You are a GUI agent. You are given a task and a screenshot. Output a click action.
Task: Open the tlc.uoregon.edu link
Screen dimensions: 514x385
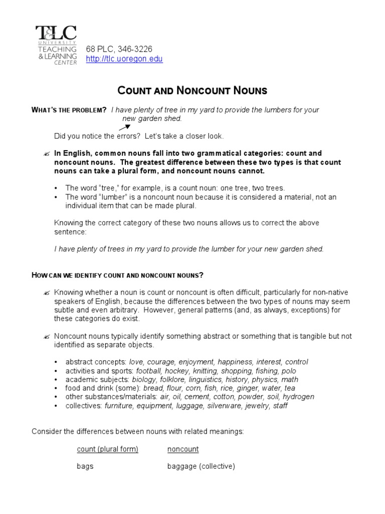[124, 59]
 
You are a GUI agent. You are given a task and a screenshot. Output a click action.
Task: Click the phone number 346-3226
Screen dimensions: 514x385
[134, 49]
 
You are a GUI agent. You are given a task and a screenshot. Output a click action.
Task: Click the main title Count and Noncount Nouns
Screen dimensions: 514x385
[192, 91]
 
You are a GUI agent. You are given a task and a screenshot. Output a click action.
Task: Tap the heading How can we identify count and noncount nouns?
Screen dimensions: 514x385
[118, 275]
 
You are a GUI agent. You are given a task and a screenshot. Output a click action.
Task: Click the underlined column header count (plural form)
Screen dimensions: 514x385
[107, 449]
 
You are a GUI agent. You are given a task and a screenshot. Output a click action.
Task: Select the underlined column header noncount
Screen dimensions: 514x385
[183, 449]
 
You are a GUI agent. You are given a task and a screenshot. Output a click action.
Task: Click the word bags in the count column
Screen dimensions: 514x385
[85, 466]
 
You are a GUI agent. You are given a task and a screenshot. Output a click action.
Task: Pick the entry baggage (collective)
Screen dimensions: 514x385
[201, 466]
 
